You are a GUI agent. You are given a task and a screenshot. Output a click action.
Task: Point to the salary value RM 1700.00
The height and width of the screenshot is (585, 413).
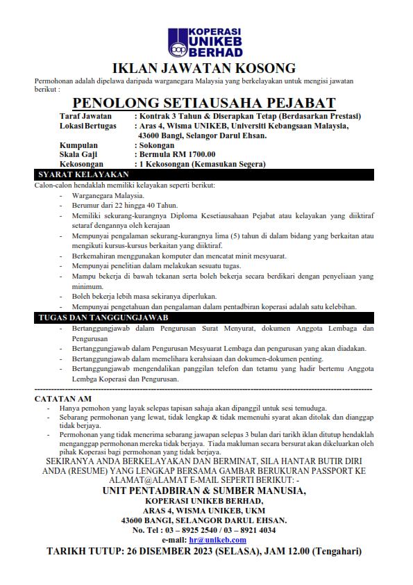pos(193,154)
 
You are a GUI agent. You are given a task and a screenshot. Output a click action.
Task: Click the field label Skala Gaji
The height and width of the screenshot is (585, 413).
pos(78,154)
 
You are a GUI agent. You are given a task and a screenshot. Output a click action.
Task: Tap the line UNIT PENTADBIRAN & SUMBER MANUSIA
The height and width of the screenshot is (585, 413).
pos(204,491)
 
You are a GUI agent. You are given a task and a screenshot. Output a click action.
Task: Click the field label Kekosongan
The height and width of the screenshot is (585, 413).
pos(82,164)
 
